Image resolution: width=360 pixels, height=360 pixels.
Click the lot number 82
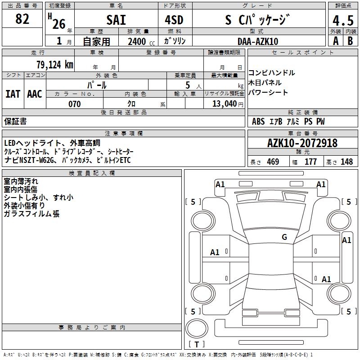point(22,19)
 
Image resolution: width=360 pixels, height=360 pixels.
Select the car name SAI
point(116,20)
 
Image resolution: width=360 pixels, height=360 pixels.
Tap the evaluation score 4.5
point(342,21)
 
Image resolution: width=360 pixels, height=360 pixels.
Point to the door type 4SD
point(174,20)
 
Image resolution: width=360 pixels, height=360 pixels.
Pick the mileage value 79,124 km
point(54,64)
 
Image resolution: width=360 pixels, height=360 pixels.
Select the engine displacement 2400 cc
point(138,41)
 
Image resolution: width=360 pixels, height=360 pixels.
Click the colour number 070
point(74,104)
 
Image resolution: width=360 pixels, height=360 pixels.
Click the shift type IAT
point(13,94)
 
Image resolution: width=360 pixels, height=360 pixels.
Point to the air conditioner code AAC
point(35,94)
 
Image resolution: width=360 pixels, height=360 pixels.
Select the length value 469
point(273,162)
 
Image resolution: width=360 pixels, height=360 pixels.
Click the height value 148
point(346,162)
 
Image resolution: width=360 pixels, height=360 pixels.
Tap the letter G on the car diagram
point(284,237)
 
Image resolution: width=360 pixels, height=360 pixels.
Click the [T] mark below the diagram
point(197,345)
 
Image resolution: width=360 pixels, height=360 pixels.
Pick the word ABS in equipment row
point(258,121)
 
